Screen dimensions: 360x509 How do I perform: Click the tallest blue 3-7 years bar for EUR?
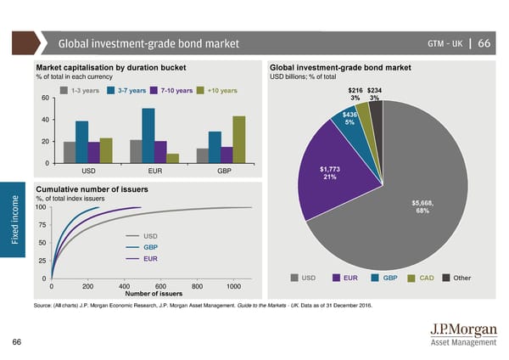pos(148,135)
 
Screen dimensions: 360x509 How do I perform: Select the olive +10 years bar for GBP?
pos(238,139)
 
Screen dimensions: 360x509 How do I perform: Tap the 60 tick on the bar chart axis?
pos(45,97)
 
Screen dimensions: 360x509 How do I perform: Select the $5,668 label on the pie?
pos(422,202)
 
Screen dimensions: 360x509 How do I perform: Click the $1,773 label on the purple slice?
pos(330,168)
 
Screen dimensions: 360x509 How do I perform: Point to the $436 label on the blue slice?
pos(350,115)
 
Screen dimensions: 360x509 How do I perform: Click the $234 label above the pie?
pos(374,91)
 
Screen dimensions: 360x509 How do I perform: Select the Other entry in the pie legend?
pos(461,278)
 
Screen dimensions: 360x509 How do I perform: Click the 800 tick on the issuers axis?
pos(198,286)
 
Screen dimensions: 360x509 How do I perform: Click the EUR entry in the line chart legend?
pos(151,258)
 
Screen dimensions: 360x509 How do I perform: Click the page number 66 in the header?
pos(484,43)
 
